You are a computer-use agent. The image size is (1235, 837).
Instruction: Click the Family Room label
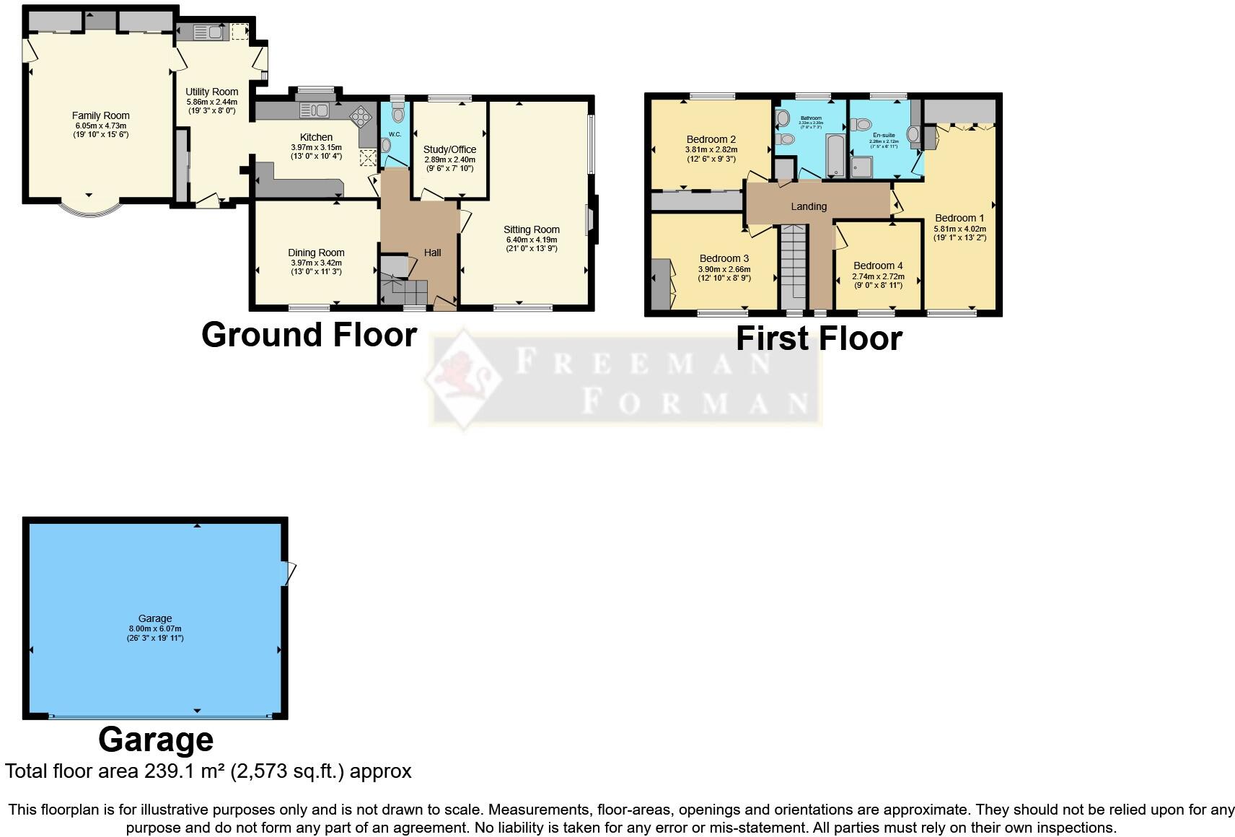[101, 115]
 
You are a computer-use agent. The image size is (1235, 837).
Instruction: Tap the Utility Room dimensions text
[212, 107]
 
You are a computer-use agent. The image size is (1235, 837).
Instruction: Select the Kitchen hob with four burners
[359, 116]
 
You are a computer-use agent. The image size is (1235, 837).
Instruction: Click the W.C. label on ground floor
[395, 134]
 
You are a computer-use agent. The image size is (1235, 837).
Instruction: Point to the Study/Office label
[449, 149]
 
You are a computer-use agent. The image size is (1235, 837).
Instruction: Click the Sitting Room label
[532, 229]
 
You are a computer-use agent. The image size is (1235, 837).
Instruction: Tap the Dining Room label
[316, 253]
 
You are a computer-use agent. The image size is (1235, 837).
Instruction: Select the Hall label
[432, 253]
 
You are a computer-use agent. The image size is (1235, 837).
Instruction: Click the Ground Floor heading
[309, 335]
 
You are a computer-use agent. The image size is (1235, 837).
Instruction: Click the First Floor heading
[819, 338]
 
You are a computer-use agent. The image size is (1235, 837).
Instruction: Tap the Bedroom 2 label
[711, 139]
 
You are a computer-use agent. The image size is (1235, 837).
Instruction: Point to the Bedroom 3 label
[724, 258]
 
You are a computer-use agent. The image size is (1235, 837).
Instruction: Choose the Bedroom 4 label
[878, 266]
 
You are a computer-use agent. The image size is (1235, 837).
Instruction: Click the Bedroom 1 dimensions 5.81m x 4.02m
[959, 229]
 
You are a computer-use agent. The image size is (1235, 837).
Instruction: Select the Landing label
[809, 206]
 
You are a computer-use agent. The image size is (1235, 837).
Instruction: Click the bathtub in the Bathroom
[835, 154]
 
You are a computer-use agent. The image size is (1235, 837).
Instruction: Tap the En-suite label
[884, 135]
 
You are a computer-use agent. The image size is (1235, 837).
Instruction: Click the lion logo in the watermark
[462, 377]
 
